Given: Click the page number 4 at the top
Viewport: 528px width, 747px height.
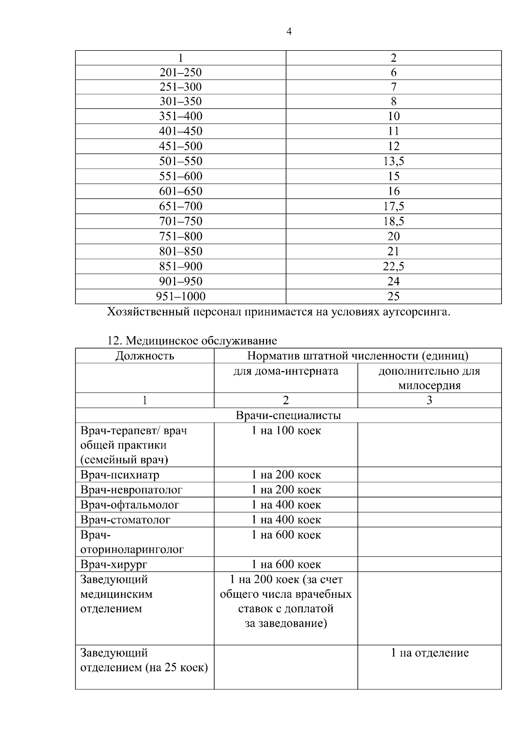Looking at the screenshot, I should (x=289, y=32).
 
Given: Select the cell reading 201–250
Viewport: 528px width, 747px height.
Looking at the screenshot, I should (x=180, y=72).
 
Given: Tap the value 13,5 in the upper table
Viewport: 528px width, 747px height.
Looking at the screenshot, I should (x=393, y=161).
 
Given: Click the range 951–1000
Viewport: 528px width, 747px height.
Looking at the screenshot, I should (x=180, y=296).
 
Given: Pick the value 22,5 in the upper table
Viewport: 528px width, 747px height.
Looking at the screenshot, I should (x=393, y=266).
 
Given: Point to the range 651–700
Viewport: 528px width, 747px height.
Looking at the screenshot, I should (x=180, y=206).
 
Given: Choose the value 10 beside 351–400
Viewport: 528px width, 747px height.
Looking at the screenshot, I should (x=393, y=116).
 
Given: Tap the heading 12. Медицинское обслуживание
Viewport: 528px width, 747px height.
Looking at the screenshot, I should (x=192, y=341).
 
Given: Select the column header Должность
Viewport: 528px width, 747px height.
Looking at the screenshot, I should (x=145, y=356).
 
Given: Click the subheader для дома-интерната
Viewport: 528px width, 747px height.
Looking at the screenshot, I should (x=286, y=371).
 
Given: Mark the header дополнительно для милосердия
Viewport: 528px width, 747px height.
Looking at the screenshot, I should (x=429, y=378).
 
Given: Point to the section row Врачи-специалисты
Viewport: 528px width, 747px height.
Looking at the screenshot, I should (x=288, y=416).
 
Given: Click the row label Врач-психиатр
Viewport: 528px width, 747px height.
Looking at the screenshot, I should (x=120, y=475).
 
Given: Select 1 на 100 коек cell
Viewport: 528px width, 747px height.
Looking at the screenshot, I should (x=286, y=431).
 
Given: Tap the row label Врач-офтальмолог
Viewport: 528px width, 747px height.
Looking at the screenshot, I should (x=130, y=505).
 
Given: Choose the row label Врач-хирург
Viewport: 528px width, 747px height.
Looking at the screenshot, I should (x=114, y=564).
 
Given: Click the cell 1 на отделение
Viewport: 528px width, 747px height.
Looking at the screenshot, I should (x=429, y=653).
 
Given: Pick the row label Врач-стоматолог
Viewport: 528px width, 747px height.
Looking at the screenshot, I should (x=125, y=520).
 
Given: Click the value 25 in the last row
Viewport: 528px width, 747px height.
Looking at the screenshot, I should (x=393, y=296).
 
